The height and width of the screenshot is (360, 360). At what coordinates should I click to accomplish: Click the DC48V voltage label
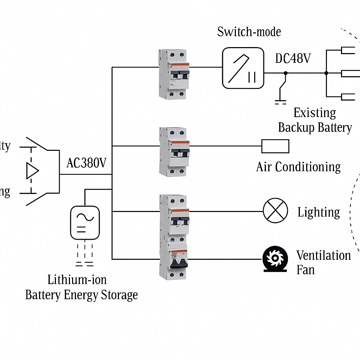pyautogui.click(x=292, y=58)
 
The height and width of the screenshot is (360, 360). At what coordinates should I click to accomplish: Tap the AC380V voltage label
pyautogui.click(x=86, y=163)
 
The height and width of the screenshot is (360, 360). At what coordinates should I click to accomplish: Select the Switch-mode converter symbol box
pyautogui.click(x=243, y=68)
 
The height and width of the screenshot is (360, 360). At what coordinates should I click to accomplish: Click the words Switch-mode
pyautogui.click(x=249, y=32)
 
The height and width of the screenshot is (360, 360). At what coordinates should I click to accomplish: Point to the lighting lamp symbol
pyautogui.click(x=275, y=211)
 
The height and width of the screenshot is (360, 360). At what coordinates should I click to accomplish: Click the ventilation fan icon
pyautogui.click(x=275, y=259)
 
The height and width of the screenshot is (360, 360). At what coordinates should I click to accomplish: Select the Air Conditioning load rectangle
pyautogui.click(x=275, y=146)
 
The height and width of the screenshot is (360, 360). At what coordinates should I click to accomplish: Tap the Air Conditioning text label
pyautogui.click(x=298, y=167)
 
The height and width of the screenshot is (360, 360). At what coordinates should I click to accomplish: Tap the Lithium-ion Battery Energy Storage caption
pyautogui.click(x=81, y=287)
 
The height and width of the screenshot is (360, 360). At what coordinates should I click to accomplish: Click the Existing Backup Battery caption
pyautogui.click(x=315, y=120)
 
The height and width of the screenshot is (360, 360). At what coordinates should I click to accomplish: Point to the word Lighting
pyautogui.click(x=319, y=212)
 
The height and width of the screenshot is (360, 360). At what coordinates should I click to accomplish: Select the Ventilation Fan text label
pyautogui.click(x=323, y=262)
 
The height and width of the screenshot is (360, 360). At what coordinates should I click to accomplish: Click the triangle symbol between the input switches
pyautogui.click(x=32, y=171)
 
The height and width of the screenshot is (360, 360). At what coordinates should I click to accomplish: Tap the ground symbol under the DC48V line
pyautogui.click(x=280, y=102)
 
